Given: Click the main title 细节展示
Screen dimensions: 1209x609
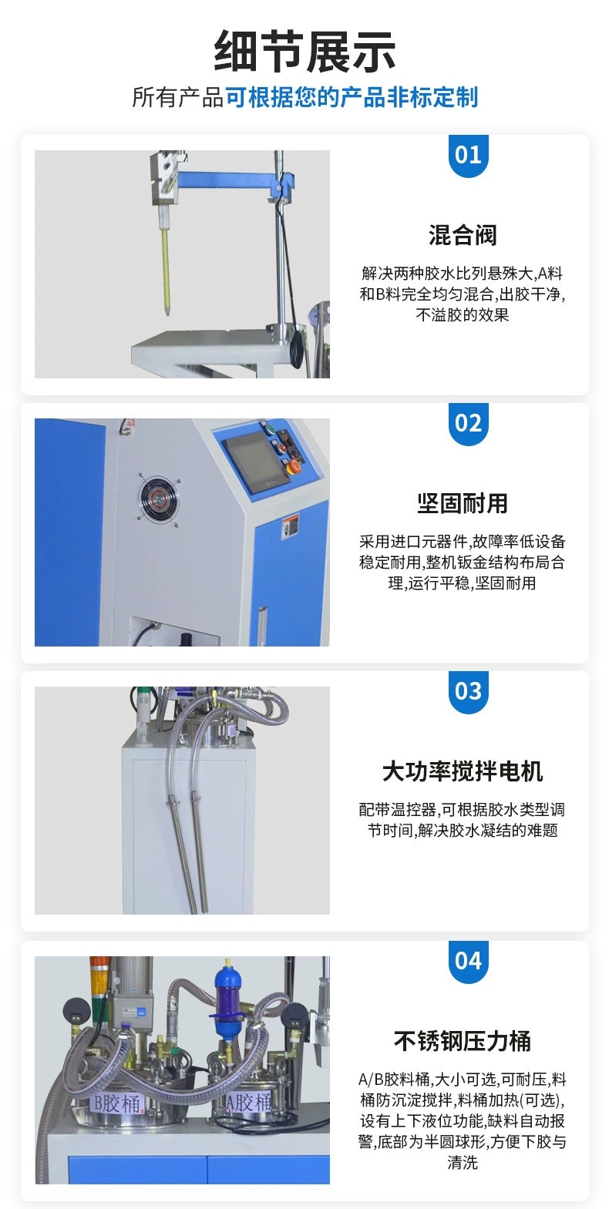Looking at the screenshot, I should click(304, 52).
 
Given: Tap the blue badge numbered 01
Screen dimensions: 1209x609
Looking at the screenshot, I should click(468, 156).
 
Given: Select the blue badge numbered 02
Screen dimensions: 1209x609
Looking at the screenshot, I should click(468, 424).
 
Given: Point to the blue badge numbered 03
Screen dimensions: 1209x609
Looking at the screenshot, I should click(468, 692).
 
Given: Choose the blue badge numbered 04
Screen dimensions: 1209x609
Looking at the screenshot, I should click(468, 962).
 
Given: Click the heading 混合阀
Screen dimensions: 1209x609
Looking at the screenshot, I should click(463, 236).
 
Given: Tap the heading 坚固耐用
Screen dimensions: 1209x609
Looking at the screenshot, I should click(463, 504).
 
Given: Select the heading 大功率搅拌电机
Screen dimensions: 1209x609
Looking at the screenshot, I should click(463, 772).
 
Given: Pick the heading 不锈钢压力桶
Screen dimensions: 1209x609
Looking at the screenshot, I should click(463, 1042).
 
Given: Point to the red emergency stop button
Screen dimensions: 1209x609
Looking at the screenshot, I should click(294, 467).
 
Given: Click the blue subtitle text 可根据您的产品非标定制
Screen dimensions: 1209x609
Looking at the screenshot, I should click(352, 98).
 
